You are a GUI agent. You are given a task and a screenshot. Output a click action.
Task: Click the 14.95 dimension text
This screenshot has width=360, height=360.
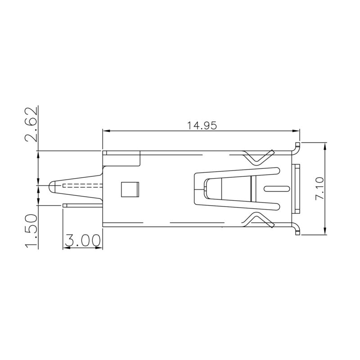(202, 126)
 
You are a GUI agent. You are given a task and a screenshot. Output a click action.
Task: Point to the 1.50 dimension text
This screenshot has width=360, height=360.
(31, 231)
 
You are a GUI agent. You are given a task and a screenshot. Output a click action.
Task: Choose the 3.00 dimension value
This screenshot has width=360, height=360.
(82, 241)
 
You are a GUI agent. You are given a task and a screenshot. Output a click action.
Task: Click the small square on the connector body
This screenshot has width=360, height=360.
(130, 189)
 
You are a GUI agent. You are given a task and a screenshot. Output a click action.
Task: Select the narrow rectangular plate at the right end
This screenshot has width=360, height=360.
(296, 189)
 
